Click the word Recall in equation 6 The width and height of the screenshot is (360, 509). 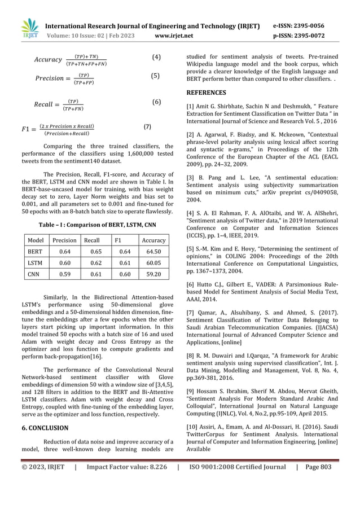point(46,104)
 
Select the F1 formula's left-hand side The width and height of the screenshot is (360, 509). point(28,129)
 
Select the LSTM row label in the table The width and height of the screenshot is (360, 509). point(36,263)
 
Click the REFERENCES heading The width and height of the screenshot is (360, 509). point(206,93)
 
